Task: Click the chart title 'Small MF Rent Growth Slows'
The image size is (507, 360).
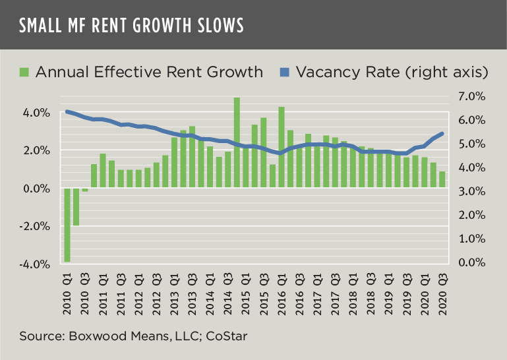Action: [x=131, y=25]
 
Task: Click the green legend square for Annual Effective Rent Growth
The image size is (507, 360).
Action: [x=24, y=71]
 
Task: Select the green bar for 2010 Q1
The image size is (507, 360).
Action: [x=67, y=225]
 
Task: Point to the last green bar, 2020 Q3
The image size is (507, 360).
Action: [x=442, y=179]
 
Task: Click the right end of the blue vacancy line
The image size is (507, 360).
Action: [x=442, y=133]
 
